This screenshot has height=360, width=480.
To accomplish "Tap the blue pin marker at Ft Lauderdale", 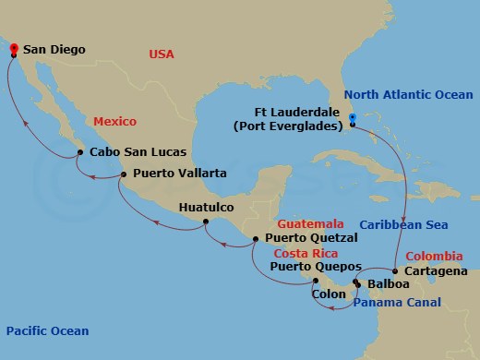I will pyautogui.click(x=353, y=118).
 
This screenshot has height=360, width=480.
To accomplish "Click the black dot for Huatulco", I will pyautogui.click(x=205, y=222).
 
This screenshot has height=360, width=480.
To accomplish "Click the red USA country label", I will pyautogui.click(x=162, y=55).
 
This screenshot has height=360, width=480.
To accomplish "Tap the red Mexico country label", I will pyautogui.click(x=114, y=122).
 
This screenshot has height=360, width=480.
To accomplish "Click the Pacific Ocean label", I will pyautogui.click(x=47, y=331).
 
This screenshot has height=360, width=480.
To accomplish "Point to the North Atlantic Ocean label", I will pyautogui.click(x=408, y=95).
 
